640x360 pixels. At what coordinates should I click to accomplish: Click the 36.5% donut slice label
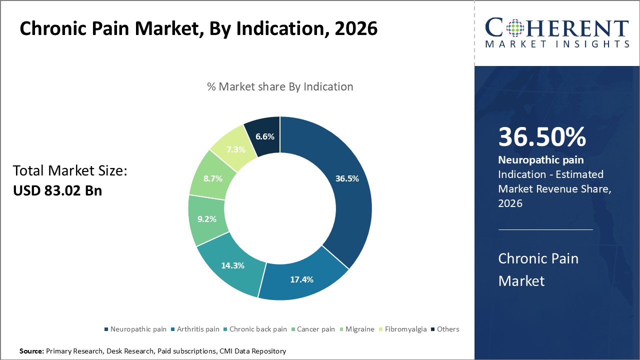(346, 178)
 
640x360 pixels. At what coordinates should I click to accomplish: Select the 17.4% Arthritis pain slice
(301, 279)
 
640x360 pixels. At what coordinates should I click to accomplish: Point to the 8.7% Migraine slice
(213, 178)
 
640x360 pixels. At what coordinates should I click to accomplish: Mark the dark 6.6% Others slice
(264, 136)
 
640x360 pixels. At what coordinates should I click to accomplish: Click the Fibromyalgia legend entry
(405, 329)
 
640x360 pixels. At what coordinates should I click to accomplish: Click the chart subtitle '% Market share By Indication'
(280, 86)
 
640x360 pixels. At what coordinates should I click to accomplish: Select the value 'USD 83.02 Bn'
(57, 190)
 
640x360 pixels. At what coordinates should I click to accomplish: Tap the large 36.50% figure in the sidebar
(542, 137)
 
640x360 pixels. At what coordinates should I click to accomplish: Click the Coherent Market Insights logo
(557, 32)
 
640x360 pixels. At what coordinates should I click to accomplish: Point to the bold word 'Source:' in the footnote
(31, 351)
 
